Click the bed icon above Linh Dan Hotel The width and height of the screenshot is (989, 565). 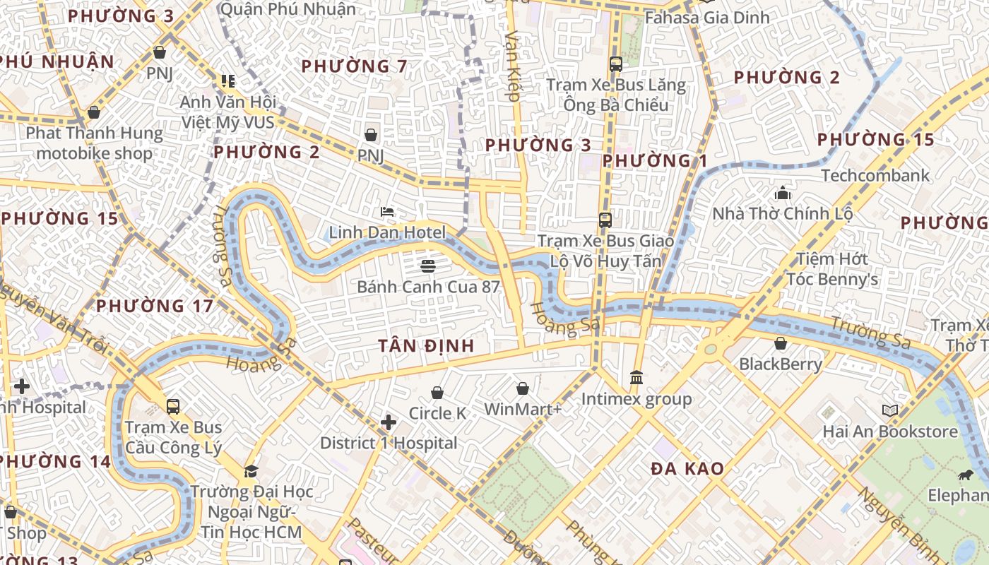point(386,211)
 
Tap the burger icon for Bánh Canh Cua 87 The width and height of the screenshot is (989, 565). point(427,266)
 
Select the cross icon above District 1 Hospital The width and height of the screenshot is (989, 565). point(388,422)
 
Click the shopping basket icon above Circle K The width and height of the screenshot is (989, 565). point(437,393)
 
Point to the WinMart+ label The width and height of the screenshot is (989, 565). point(522,409)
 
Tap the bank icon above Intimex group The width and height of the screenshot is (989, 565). point(636,378)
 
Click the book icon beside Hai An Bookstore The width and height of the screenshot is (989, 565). point(889,410)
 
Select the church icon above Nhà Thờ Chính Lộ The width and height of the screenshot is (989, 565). point(782,192)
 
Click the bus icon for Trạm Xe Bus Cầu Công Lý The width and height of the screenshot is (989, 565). point(173,407)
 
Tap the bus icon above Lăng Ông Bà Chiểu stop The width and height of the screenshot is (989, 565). point(615,64)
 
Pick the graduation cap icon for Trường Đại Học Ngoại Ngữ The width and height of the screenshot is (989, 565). point(251,471)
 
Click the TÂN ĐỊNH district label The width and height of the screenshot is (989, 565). point(425,345)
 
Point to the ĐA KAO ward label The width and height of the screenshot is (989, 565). point(687,468)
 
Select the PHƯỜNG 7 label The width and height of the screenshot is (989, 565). point(354,66)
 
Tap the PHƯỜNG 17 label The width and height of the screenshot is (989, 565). point(154,306)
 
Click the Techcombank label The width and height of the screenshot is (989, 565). point(875,175)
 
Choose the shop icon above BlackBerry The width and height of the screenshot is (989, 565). point(781,344)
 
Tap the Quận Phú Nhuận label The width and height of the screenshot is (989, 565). point(288,8)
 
